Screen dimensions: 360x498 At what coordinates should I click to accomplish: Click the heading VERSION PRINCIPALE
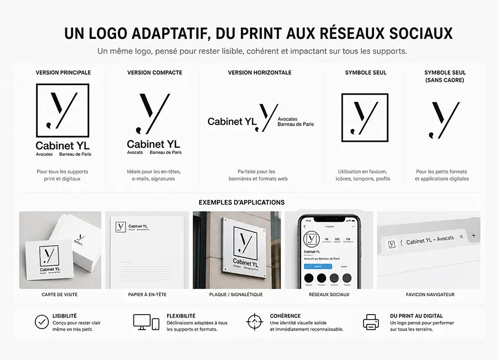coord(63,73)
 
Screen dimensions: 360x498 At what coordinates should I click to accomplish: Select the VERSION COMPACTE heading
coord(154,73)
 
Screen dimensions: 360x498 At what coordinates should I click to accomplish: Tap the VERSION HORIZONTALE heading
coord(260,73)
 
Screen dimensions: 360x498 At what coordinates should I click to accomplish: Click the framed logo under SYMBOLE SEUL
coord(365,117)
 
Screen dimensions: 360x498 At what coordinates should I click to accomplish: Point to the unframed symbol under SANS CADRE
coord(444,119)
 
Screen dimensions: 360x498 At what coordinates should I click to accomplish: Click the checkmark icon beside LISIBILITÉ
coord(41,322)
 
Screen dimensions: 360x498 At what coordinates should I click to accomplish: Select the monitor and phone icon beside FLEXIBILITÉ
coord(146,322)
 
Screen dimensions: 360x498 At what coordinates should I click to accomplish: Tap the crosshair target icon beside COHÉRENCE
coord(254,322)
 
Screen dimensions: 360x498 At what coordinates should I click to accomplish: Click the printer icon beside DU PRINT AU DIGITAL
coord(370,322)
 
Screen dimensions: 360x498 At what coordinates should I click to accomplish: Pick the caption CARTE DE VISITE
coord(60,295)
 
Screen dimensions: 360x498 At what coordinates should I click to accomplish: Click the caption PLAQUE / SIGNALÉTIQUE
coord(236,295)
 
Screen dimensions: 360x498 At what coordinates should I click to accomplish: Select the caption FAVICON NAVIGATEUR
coord(430,295)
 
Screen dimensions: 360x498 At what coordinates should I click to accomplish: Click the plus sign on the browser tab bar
coord(473,236)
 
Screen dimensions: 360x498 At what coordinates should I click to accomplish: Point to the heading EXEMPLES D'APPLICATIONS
coord(241,203)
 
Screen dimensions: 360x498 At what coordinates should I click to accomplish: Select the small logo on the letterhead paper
coord(121,227)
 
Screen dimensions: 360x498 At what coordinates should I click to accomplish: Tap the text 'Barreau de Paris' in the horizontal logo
coord(295,125)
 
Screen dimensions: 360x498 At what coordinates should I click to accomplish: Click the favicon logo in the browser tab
coord(392,244)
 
